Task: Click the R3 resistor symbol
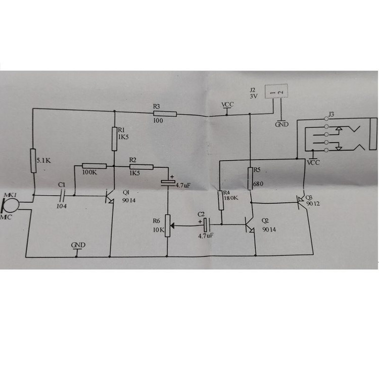click(x=164, y=114)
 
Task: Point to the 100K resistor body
click(x=94, y=166)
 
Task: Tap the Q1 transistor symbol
click(x=109, y=196)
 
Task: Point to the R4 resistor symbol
click(x=220, y=200)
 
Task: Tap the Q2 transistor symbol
click(x=250, y=224)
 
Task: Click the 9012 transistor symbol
click(x=302, y=202)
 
